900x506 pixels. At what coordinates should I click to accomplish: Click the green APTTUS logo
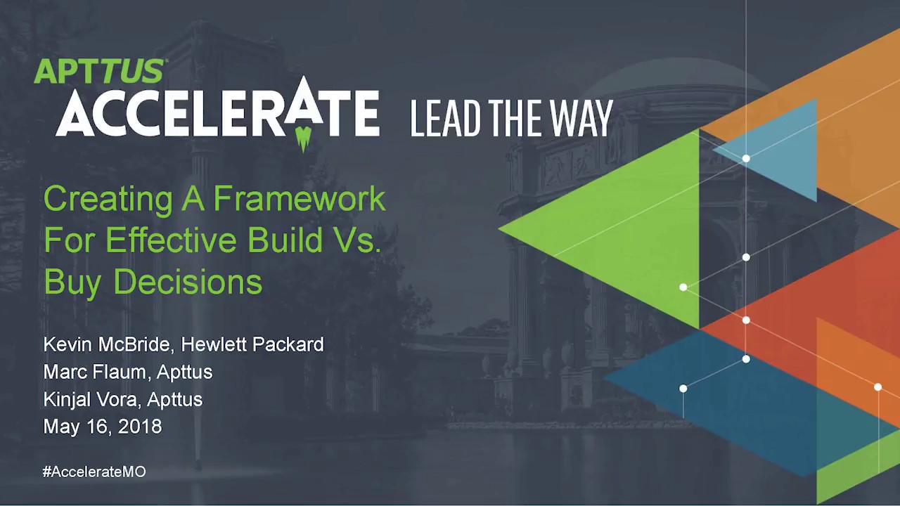coord(99,72)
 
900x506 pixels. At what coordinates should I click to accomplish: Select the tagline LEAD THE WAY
coord(511,118)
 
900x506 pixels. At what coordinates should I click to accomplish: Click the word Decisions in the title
coord(188,282)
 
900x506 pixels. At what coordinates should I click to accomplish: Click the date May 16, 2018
coord(103,427)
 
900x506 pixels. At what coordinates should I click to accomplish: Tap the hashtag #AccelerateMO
coord(94,472)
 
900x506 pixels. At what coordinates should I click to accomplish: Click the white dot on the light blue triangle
coord(746,159)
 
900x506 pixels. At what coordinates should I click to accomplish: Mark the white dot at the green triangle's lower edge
coord(683,287)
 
